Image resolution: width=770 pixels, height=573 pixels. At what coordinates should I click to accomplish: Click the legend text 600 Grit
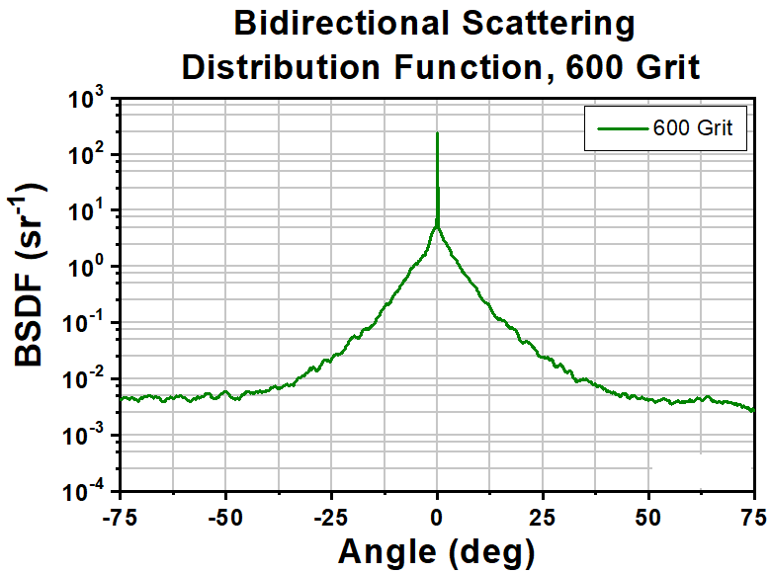tap(699, 128)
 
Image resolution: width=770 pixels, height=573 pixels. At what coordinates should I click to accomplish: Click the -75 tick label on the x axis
tap(119, 516)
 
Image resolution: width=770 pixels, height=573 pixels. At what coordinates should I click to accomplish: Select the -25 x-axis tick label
tap(330, 516)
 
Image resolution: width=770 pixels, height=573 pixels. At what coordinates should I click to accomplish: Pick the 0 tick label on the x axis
tap(437, 516)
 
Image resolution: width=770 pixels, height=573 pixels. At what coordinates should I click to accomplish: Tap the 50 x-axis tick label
tap(649, 516)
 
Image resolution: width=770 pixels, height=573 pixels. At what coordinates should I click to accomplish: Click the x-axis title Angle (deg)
tap(436, 549)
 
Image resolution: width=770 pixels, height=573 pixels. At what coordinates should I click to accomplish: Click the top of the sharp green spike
tap(437, 133)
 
